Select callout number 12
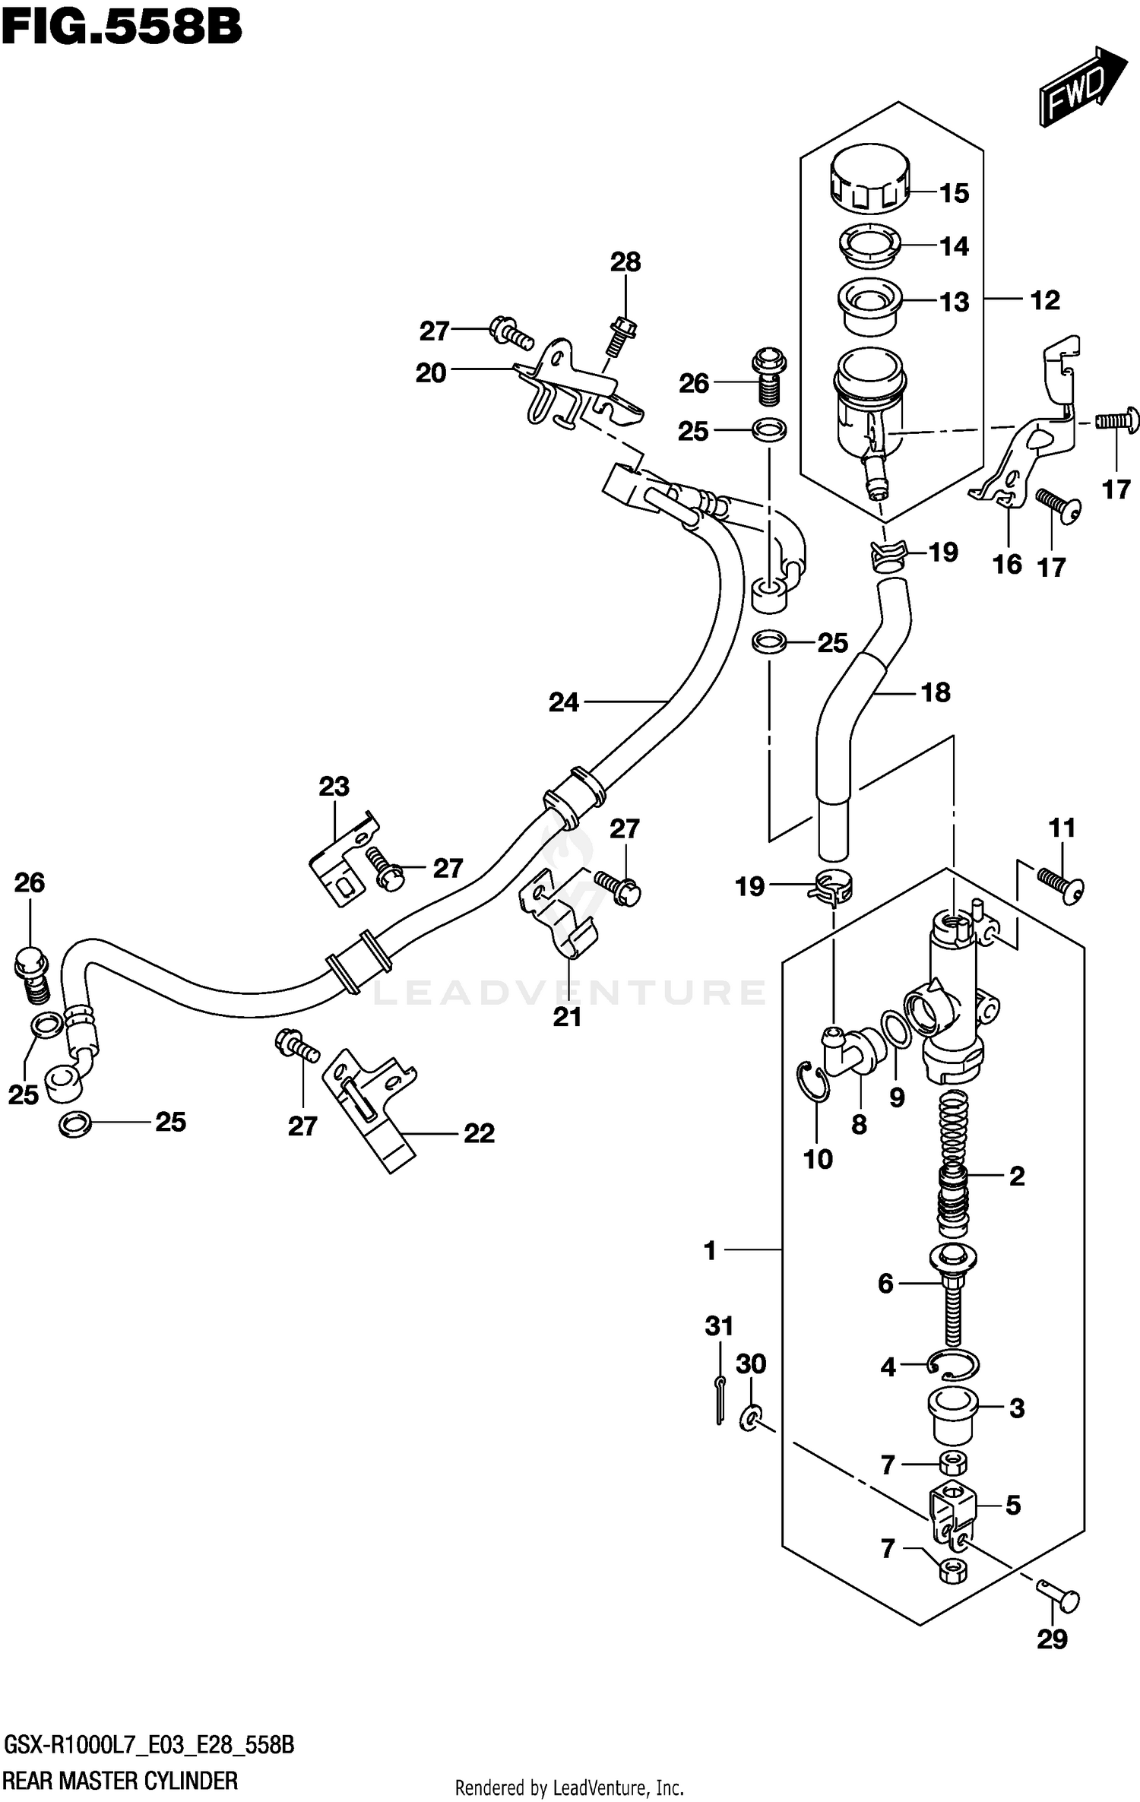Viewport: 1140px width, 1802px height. (x=1044, y=300)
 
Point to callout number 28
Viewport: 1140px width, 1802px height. (x=625, y=262)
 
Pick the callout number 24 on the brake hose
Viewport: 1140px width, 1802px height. (x=564, y=702)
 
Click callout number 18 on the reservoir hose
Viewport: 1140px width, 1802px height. (x=936, y=692)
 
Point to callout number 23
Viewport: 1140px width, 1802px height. (x=334, y=786)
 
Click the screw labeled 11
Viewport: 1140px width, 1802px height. (x=1061, y=887)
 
